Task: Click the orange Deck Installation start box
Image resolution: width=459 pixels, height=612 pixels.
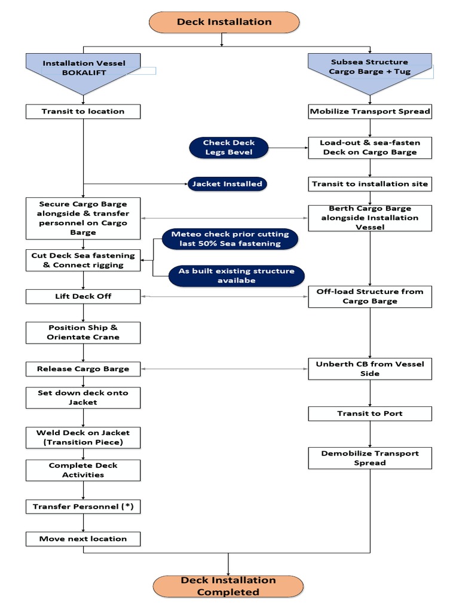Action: pos(224,22)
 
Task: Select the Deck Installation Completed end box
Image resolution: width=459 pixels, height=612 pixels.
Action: pos(228,586)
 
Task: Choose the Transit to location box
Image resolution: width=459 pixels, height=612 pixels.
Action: pos(83,111)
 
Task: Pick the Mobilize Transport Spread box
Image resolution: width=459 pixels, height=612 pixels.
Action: pos(369,111)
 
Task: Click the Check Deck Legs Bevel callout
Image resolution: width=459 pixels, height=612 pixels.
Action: pos(228,148)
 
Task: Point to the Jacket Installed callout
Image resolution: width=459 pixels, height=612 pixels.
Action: pos(227,184)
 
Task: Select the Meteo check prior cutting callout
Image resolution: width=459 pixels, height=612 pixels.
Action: pos(229,238)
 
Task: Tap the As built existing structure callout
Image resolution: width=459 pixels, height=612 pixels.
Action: pos(236,276)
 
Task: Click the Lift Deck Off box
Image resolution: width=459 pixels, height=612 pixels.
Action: pos(83,296)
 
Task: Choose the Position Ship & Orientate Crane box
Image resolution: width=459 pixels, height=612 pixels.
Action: pos(83,332)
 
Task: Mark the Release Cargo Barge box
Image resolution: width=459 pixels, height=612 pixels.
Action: pos(83,369)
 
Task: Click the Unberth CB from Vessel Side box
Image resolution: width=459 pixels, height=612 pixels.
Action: pos(369,369)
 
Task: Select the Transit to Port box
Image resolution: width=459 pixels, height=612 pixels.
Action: pos(369,414)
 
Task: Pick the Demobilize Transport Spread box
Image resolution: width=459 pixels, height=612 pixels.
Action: pos(369,458)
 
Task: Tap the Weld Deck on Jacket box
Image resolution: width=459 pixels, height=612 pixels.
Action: pos(83,437)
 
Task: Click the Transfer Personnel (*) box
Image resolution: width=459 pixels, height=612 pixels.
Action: pos(83,506)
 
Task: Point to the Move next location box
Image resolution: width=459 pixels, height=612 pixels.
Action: pos(83,538)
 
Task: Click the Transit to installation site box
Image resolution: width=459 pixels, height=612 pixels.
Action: pos(369,184)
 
